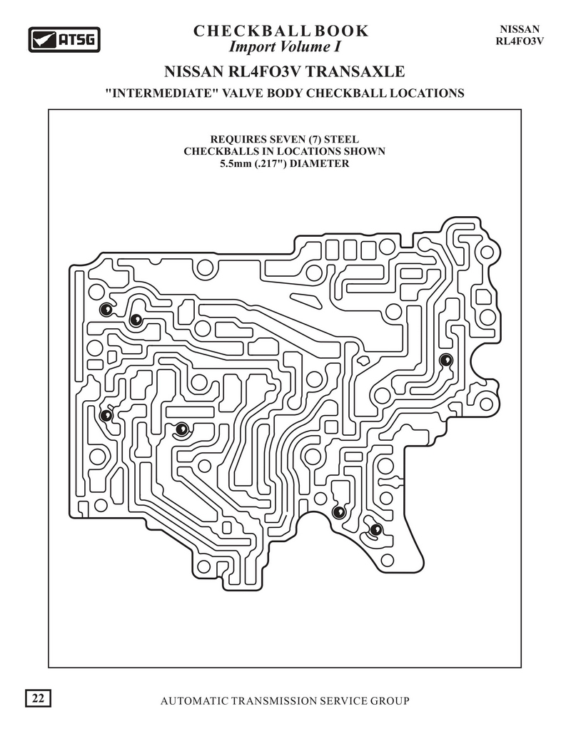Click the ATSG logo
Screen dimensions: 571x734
point(64,39)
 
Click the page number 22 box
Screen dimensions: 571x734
point(38,698)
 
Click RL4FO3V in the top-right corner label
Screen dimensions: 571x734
point(520,41)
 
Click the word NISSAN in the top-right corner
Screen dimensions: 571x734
point(520,29)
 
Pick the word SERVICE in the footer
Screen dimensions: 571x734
point(343,700)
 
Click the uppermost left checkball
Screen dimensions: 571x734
point(105,309)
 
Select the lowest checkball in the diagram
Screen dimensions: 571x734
point(375,529)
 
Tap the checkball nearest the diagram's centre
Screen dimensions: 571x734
point(182,428)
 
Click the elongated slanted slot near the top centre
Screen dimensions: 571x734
point(306,300)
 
